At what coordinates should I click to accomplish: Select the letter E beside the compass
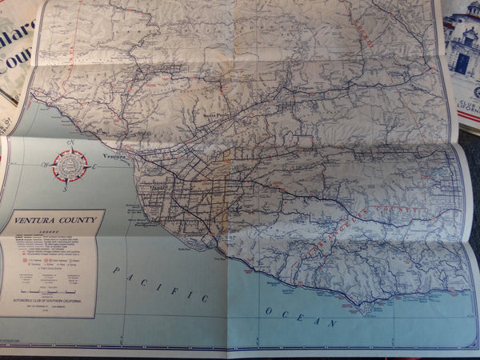[94, 166]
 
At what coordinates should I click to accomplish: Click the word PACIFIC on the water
[157, 283]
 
